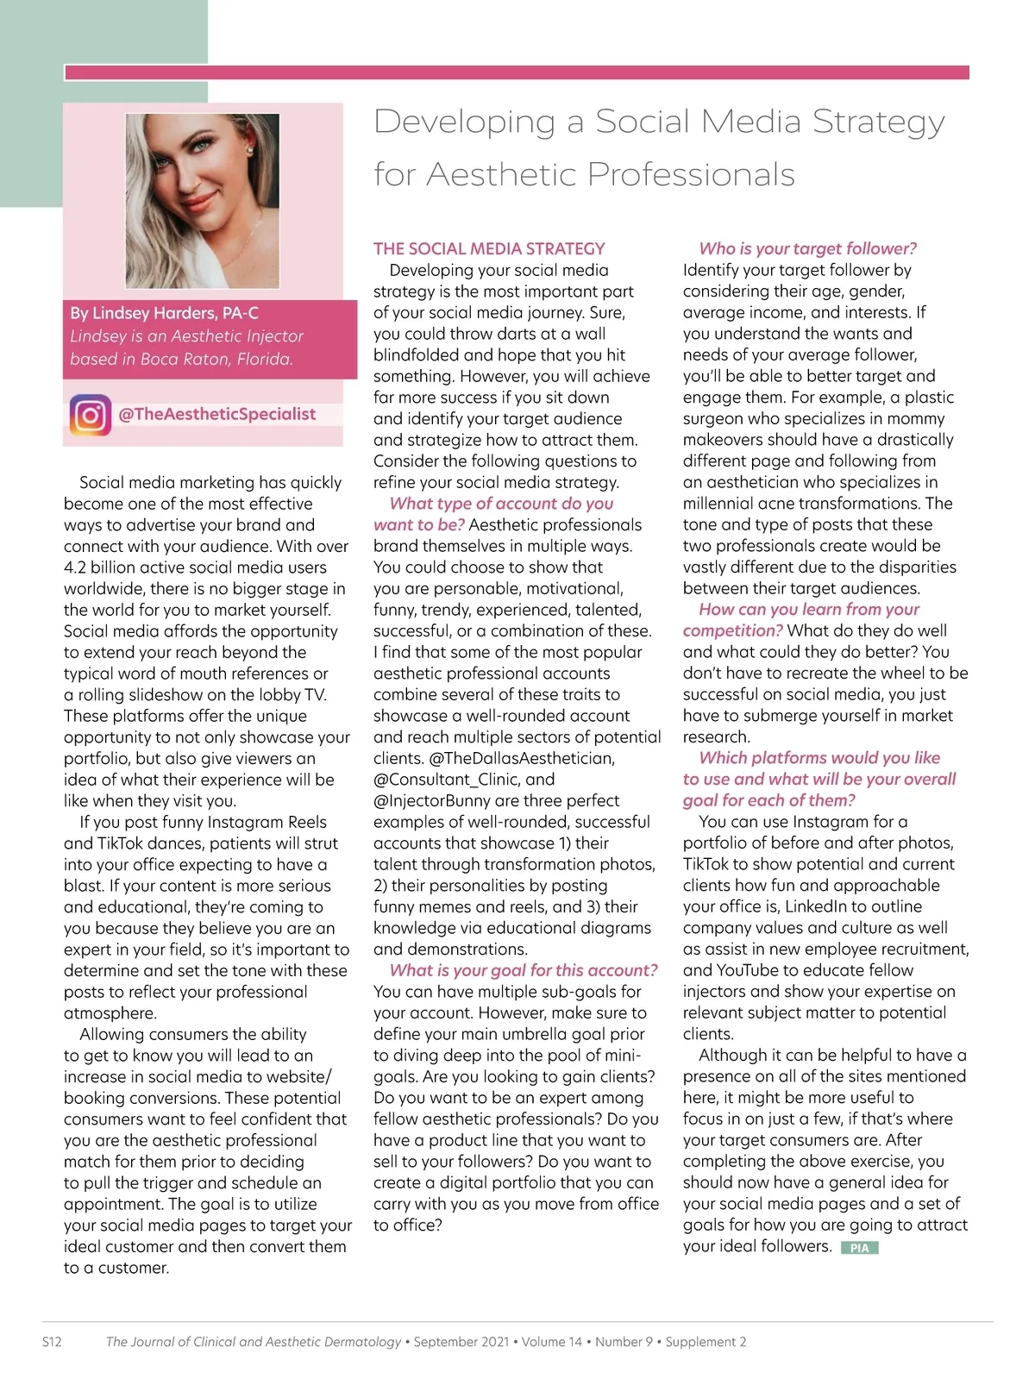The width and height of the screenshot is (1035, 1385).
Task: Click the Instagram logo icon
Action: [91, 415]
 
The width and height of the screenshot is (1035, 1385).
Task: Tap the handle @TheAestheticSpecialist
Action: [217, 414]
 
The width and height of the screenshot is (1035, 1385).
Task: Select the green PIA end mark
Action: [859, 1248]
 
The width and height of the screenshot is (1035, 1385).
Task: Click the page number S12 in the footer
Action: [52, 1342]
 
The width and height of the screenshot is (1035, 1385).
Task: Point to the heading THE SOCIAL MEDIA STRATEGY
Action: [489, 248]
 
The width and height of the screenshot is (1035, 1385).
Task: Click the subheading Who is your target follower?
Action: [807, 248]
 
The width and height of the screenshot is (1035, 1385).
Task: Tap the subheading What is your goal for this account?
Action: [524, 970]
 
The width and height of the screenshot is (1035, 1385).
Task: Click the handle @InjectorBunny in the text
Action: [429, 800]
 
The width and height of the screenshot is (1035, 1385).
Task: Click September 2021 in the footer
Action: [461, 1342]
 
